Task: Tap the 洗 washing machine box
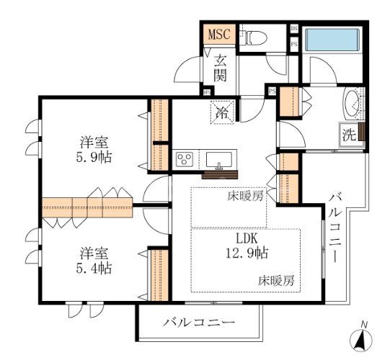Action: [x=349, y=133]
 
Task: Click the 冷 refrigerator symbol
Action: [x=221, y=112]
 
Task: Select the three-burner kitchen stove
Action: [x=185, y=159]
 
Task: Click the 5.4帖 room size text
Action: [x=95, y=268]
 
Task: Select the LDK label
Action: [x=244, y=238]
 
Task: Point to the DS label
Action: [x=293, y=28]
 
